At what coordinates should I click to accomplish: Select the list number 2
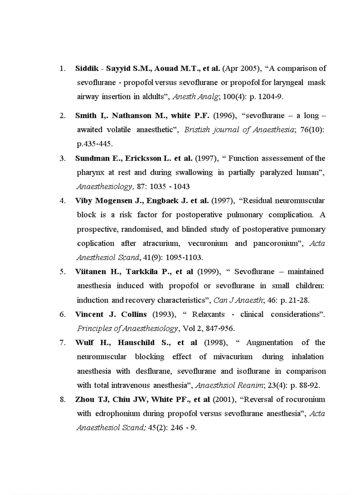[x=63, y=115]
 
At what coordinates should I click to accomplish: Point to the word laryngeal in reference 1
[x=288, y=82]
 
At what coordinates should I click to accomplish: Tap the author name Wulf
[x=85, y=342]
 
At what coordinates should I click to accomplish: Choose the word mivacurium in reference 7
[x=232, y=357]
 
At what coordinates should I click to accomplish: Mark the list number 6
[x=63, y=314]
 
